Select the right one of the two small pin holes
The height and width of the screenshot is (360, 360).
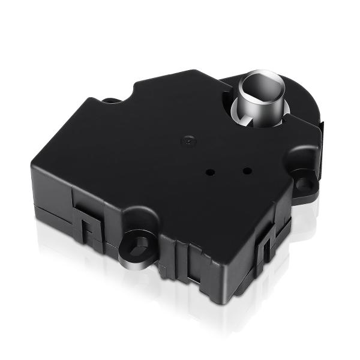pos(246,170)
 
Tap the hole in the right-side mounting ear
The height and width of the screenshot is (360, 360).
pos(305,181)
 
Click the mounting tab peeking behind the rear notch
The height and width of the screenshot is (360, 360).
pos(110,100)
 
